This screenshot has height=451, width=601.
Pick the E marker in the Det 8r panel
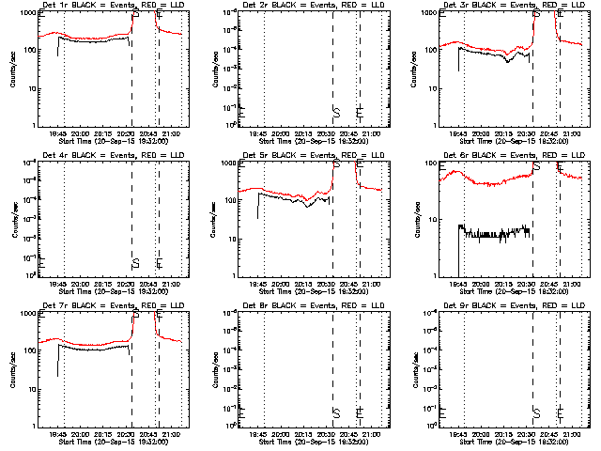coord(361,412)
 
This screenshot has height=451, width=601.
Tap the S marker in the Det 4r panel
coord(135,261)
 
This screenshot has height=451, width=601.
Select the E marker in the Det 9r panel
coord(561,412)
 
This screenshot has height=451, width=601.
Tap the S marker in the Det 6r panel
coord(537,166)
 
